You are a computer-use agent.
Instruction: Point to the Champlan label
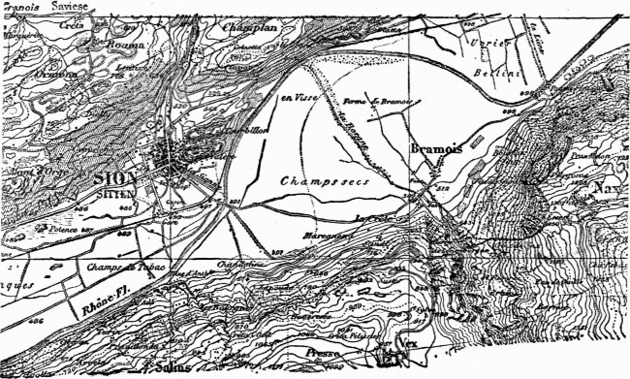(x=251, y=30)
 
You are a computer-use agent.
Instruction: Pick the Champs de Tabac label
(x=98, y=266)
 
